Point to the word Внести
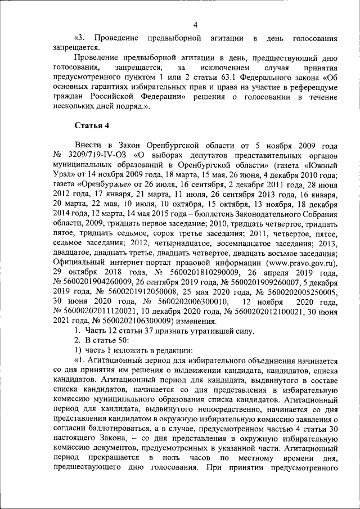(88, 145)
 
